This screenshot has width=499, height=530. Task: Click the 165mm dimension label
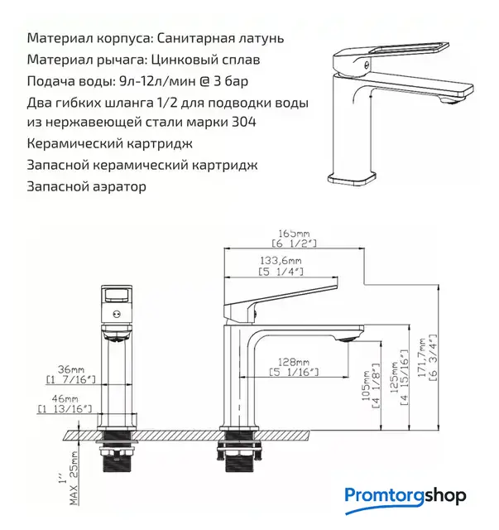[x=294, y=234]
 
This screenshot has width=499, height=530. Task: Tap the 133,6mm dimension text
[x=281, y=261]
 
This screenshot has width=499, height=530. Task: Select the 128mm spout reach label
[x=293, y=362]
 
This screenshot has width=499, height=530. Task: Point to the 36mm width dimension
[x=71, y=369]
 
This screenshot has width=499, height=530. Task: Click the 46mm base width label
[x=65, y=399]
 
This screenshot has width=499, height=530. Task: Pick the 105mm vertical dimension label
[x=367, y=386]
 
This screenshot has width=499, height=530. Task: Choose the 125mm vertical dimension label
[x=395, y=378]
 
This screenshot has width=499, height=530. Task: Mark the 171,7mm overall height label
[x=422, y=358]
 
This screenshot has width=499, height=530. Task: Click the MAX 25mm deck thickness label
[x=74, y=478]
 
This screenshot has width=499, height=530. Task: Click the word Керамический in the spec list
[x=72, y=143]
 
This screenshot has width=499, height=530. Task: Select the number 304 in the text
[x=244, y=122]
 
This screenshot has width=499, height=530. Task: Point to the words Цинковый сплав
[x=205, y=60]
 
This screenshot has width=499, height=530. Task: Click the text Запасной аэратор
[x=87, y=186]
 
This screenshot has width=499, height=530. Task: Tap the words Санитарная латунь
[x=220, y=38]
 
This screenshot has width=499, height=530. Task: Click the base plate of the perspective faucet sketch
[x=352, y=178]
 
